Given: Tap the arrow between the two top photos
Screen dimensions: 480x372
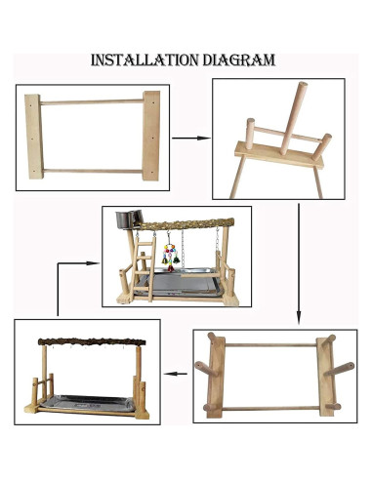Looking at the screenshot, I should click(190, 138).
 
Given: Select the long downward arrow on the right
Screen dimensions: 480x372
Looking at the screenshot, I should click(299, 263).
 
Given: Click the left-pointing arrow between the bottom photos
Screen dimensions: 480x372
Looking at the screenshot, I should click(176, 373).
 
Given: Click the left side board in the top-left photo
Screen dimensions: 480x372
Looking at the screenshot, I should click(33, 137).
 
